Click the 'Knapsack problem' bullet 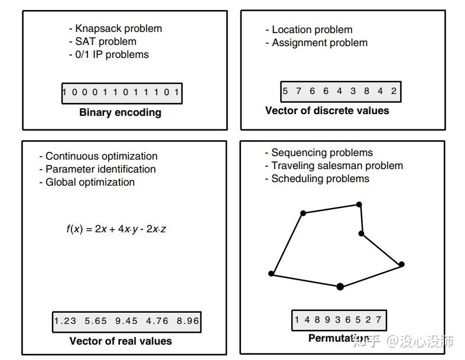coord(115,28)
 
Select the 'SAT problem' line coord(103,41)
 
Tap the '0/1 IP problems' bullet coord(109,54)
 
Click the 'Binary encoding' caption coord(121,112)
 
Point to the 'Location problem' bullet coord(309,30)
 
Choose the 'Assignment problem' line coord(317,43)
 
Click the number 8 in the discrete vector coord(366,91)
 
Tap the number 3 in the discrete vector coord(353,91)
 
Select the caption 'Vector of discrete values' coord(327,111)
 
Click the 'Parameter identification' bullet coord(97,169)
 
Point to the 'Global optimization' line coord(87,182)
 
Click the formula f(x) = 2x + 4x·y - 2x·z coord(116,229)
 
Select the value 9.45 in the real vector coord(126,321)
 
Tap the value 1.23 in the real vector coord(65,321)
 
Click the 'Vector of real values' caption coord(121,341)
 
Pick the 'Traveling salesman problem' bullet coord(334,166)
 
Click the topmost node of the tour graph coord(359,204)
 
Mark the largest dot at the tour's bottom coord(340,286)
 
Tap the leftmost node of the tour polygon coord(271,273)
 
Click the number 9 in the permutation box coord(327,320)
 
